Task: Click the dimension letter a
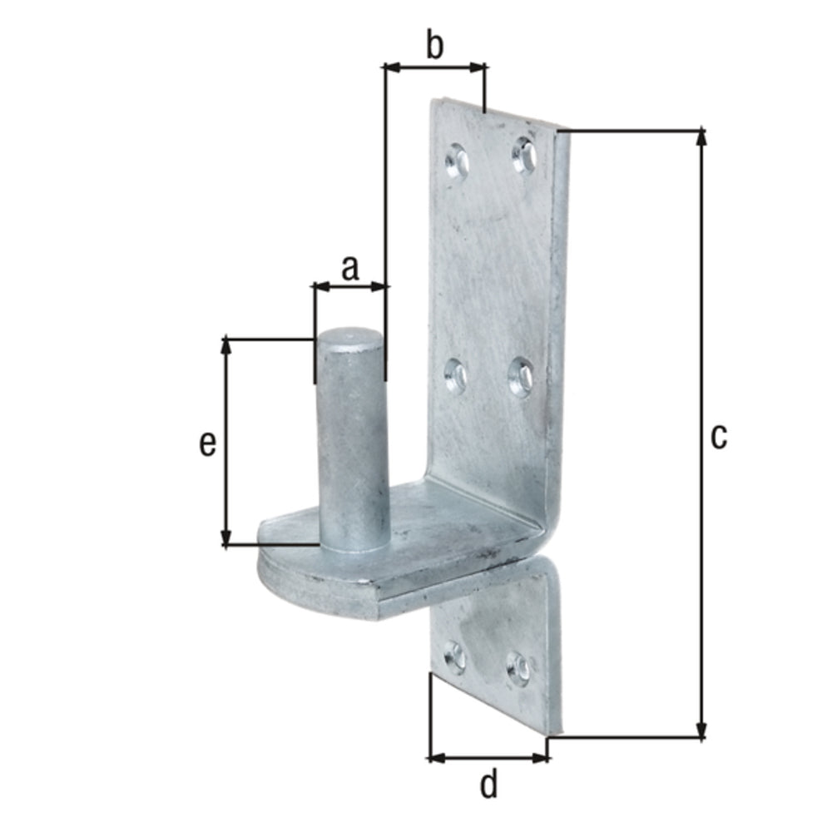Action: [x=350, y=268]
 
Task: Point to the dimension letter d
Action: [x=488, y=785]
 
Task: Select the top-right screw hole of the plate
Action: [x=523, y=154]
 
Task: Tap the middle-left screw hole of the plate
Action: [x=455, y=374]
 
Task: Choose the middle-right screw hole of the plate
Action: [x=521, y=374]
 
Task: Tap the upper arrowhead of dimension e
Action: [x=225, y=345]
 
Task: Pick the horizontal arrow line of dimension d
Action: [x=488, y=758]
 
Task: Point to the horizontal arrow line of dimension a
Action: [x=350, y=287]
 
